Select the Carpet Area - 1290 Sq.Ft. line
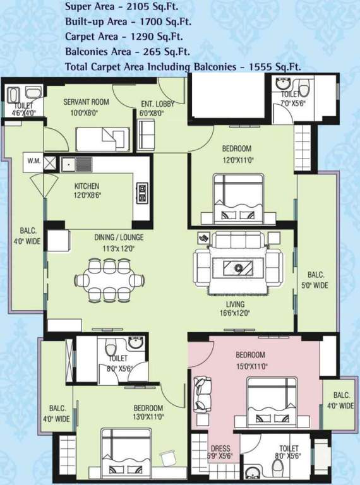(x=128, y=36)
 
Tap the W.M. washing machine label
(x=33, y=161)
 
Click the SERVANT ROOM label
(x=86, y=102)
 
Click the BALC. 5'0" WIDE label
(x=316, y=280)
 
